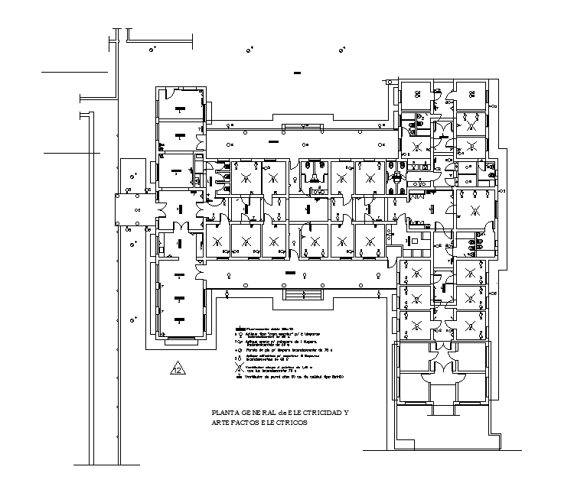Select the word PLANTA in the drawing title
(224, 413)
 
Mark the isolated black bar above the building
(297, 73)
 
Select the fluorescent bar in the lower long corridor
(289, 271)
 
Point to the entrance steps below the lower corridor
(303, 295)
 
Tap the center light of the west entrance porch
(136, 208)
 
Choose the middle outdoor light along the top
(249, 50)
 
